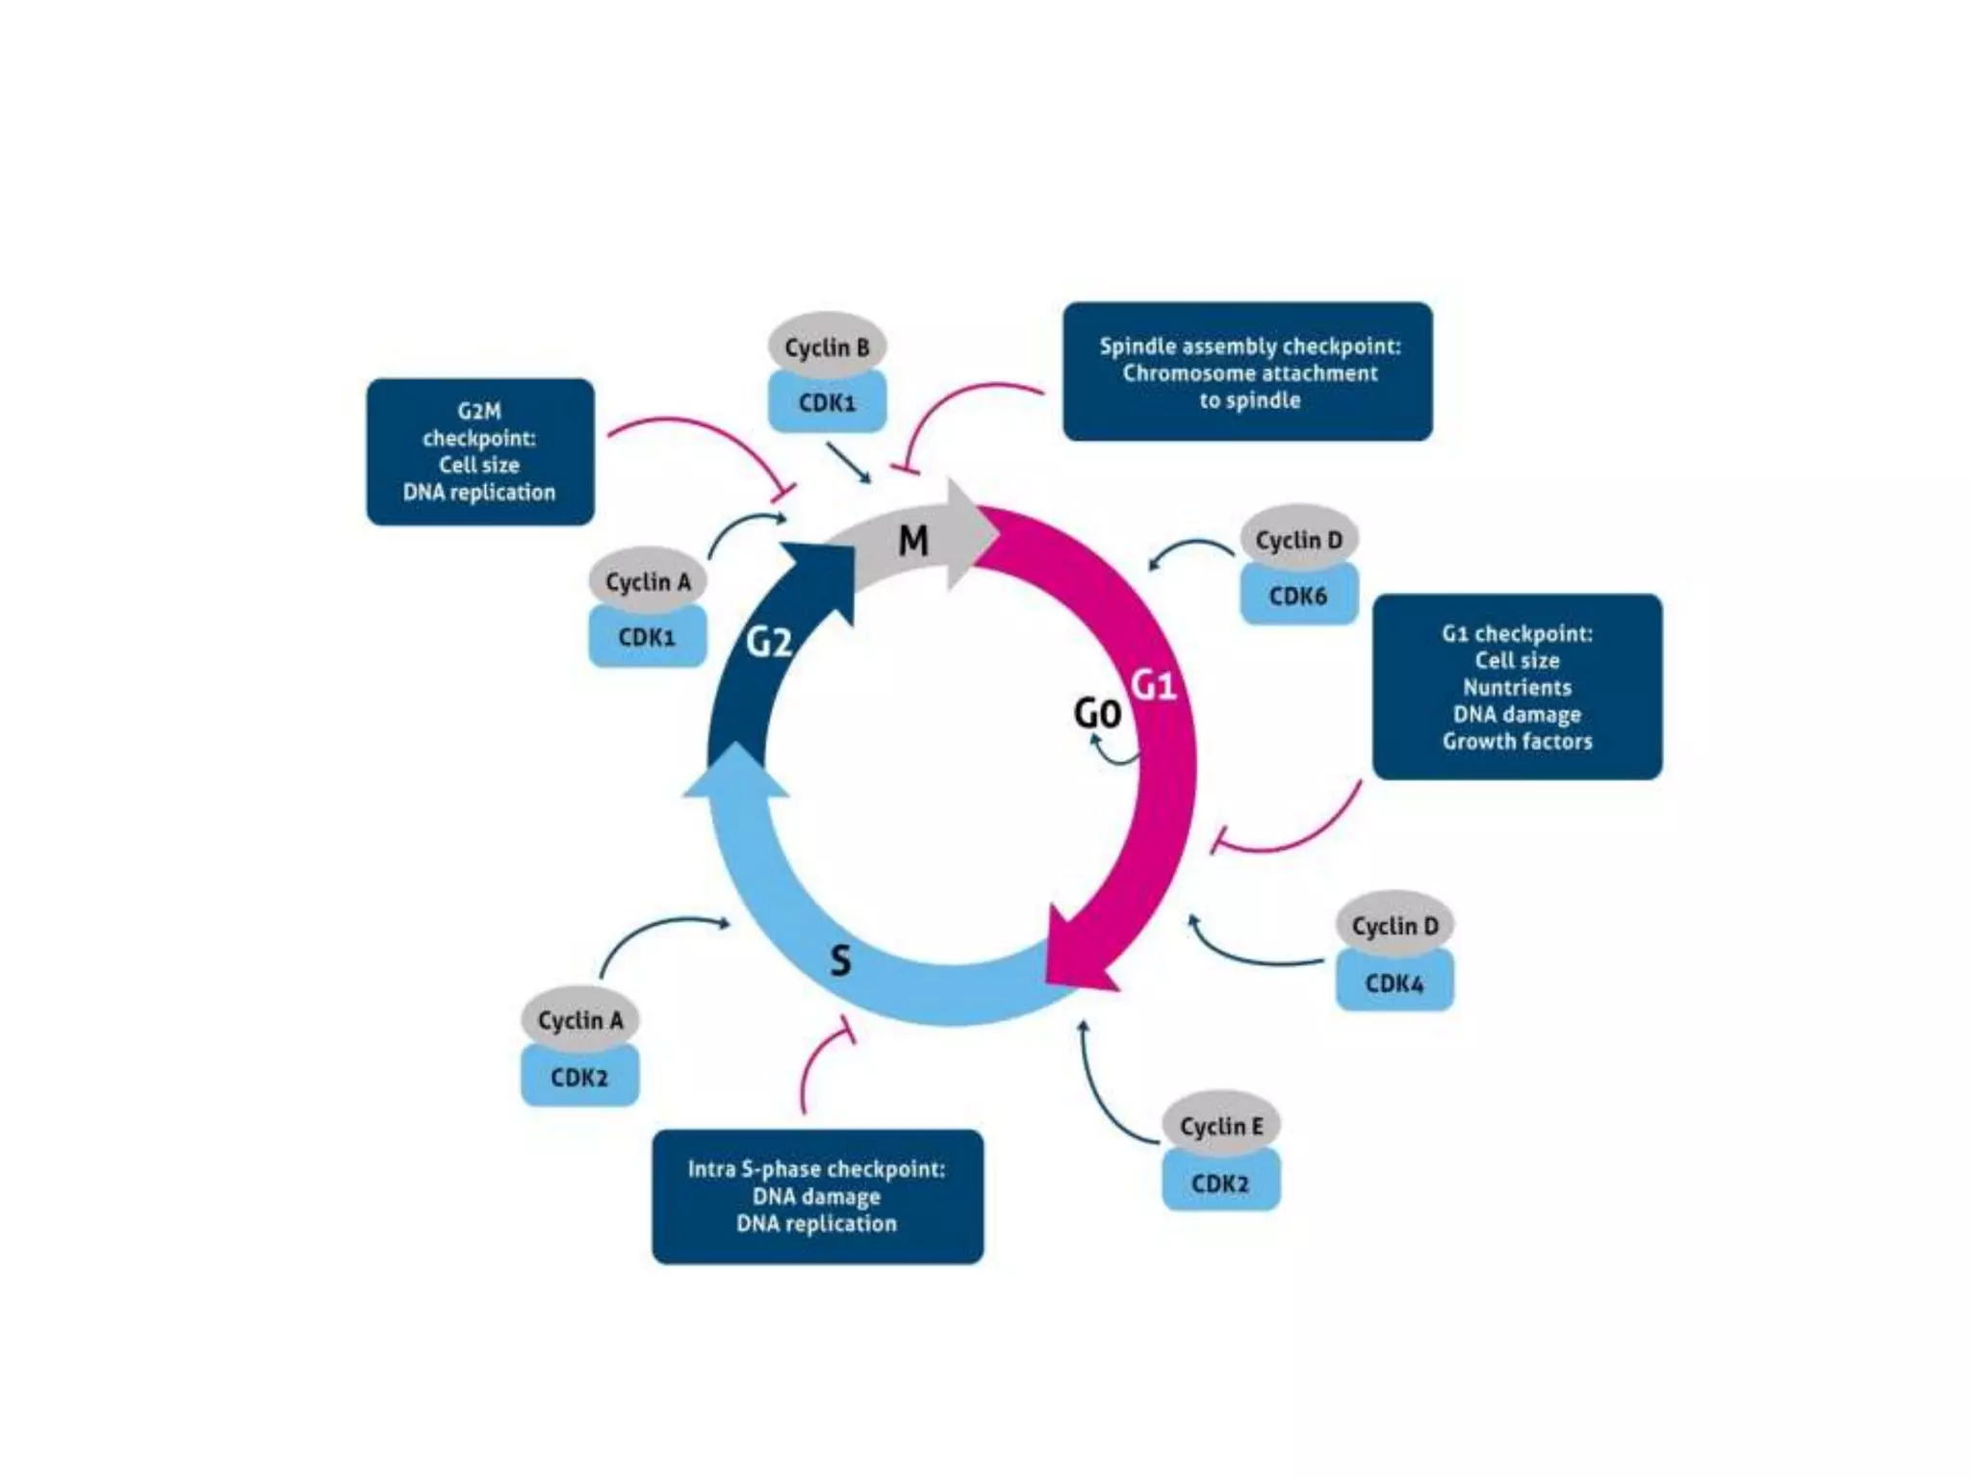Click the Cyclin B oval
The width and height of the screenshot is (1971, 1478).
[827, 346]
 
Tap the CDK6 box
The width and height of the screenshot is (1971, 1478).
[1298, 596]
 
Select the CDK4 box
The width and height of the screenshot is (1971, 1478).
[1395, 982]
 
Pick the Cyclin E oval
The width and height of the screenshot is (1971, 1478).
[1220, 1125]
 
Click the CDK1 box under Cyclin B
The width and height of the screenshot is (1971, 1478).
[827, 402]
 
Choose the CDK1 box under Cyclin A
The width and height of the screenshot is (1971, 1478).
[647, 636]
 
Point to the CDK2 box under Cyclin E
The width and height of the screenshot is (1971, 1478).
[1220, 1183]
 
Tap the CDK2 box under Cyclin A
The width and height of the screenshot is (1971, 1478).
[579, 1077]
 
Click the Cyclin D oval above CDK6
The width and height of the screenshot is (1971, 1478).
[1298, 540]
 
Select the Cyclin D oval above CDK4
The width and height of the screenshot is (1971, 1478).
[1395, 925]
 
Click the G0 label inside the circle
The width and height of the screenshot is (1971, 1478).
[1097, 714]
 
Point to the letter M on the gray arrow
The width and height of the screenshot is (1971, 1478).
[912, 542]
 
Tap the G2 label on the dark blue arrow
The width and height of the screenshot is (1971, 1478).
[769, 642]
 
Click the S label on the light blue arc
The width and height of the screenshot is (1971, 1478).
[840, 960]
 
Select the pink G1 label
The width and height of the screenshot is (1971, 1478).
[1153, 685]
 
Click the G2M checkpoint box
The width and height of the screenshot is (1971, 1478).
[480, 451]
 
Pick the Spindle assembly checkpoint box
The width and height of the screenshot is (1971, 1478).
[1247, 371]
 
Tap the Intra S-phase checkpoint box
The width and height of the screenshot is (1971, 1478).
[817, 1196]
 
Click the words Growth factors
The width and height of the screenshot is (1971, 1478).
[1517, 742]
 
